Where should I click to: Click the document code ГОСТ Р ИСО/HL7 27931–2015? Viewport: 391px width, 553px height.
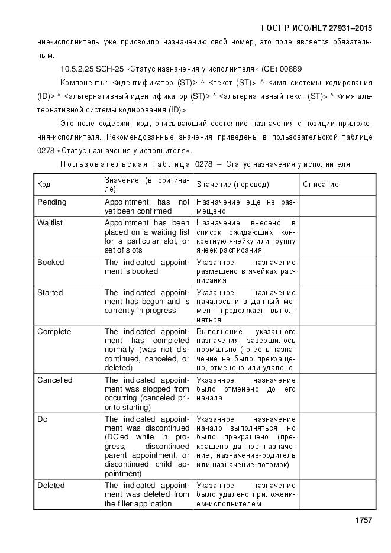click(316, 28)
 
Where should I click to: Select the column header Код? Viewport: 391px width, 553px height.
click(44, 185)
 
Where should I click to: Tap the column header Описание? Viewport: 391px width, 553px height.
click(321, 185)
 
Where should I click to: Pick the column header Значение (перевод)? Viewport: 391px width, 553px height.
click(232, 185)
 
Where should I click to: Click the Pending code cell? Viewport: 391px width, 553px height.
click(51, 202)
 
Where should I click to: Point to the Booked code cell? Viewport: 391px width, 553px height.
click(50, 263)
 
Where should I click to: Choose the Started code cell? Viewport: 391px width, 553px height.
click(50, 293)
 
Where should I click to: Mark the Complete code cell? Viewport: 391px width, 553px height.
click(54, 332)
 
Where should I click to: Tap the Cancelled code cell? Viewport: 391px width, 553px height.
click(54, 380)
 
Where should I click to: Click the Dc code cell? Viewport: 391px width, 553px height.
click(43, 419)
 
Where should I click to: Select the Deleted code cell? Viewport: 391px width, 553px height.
click(51, 486)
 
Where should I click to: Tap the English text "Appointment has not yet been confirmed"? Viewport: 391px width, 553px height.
click(147, 206)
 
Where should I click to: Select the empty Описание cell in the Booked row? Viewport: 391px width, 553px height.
click(337, 271)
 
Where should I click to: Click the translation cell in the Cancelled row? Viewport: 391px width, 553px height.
click(245, 389)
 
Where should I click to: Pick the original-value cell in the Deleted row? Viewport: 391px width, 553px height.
click(147, 494)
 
